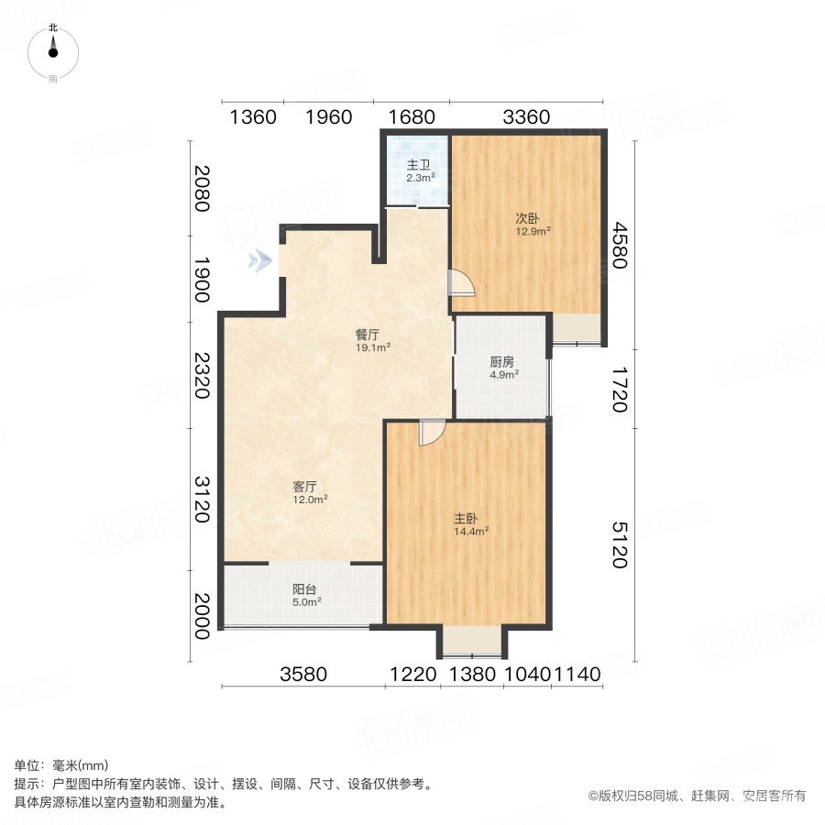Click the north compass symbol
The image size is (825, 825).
pyautogui.click(x=53, y=53)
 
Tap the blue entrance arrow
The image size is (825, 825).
pyautogui.click(x=261, y=261)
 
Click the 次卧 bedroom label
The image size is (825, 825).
pyautogui.click(x=525, y=219)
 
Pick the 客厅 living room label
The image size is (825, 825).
pyautogui.click(x=306, y=487)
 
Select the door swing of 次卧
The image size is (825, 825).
pyautogui.click(x=461, y=284)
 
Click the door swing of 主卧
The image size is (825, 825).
pyautogui.click(x=432, y=433)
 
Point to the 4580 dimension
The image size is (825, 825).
pyautogui.click(x=623, y=246)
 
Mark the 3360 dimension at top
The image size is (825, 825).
pyautogui.click(x=527, y=116)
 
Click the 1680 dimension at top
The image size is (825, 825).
pyautogui.click(x=412, y=116)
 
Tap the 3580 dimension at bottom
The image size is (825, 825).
pyautogui.click(x=303, y=676)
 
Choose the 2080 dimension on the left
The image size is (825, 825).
pyautogui.click(x=202, y=186)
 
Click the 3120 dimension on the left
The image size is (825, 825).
pyautogui.click(x=202, y=497)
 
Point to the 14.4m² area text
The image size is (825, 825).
pyautogui.click(x=471, y=530)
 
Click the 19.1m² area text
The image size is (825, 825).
pyautogui.click(x=374, y=347)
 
